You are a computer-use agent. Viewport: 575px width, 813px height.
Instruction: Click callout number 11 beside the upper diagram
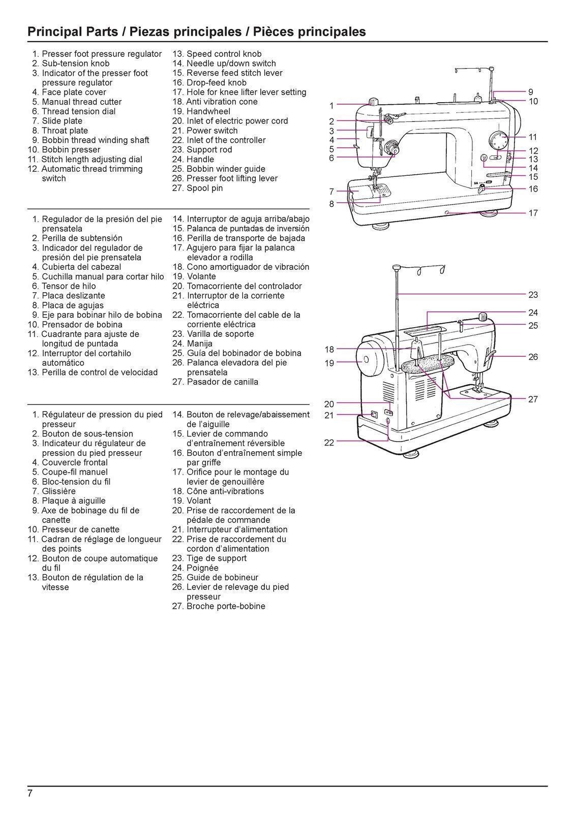(x=533, y=137)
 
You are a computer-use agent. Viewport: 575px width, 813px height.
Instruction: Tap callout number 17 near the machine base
(x=533, y=213)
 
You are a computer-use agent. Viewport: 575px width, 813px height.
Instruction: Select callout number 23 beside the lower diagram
(x=533, y=295)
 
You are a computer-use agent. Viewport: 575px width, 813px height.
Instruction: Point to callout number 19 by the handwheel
(x=329, y=363)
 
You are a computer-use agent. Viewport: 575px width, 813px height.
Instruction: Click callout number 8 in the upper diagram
(x=331, y=204)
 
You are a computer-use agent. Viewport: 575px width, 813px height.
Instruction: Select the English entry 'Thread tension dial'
(x=78, y=111)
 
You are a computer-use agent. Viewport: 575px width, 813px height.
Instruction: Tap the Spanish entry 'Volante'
(x=201, y=276)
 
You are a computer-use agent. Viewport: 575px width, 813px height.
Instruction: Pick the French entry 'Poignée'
(x=202, y=568)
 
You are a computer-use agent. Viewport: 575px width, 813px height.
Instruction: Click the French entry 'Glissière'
(x=58, y=491)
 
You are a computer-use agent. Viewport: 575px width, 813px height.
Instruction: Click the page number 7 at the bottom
(x=30, y=794)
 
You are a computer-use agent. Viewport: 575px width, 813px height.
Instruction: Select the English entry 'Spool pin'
(x=204, y=188)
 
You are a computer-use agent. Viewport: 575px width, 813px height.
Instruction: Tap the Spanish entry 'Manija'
(x=199, y=343)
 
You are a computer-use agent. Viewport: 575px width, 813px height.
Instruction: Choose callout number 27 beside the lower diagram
(x=533, y=399)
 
